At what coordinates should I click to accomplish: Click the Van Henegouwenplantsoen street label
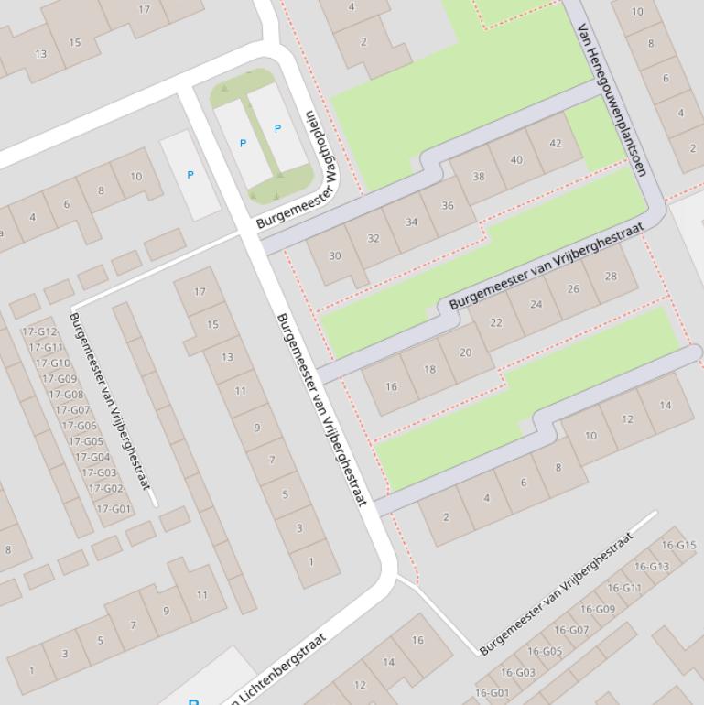(611, 99)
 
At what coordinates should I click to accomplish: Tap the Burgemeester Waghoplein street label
(298, 170)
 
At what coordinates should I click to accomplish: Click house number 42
(556, 144)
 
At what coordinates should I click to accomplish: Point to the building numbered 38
(478, 176)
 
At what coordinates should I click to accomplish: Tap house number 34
(411, 222)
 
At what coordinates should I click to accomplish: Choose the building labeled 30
(334, 256)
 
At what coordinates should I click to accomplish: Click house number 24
(536, 305)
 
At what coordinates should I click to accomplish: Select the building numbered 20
(465, 352)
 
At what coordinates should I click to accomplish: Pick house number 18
(429, 370)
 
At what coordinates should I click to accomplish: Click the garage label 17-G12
(39, 332)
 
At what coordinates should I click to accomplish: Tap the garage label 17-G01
(114, 509)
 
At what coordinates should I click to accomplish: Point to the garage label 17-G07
(73, 410)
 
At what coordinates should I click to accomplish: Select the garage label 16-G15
(678, 546)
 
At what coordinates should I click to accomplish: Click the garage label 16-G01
(492, 693)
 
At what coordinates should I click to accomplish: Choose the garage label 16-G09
(598, 610)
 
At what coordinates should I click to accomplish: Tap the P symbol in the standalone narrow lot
(190, 175)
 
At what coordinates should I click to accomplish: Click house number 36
(447, 206)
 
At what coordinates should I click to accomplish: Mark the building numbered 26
(573, 289)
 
